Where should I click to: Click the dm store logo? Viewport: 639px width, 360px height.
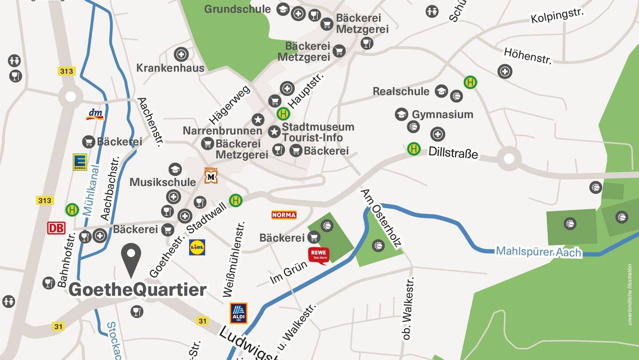(x=95, y=114)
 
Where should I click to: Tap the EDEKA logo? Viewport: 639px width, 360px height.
(x=80, y=162)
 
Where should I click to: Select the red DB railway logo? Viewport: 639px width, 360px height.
(x=56, y=228)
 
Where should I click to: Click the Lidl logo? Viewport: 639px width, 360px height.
(x=197, y=247)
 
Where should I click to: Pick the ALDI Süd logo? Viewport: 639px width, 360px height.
(x=238, y=313)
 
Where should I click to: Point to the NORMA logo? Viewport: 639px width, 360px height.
(x=284, y=215)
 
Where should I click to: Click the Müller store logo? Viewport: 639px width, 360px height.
(x=211, y=175)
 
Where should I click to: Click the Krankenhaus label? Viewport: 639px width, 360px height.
(x=170, y=68)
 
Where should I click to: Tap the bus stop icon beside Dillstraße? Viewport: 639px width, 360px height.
(x=414, y=149)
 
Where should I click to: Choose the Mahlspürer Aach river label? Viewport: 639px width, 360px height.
(x=538, y=252)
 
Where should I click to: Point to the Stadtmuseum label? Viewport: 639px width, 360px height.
(x=318, y=127)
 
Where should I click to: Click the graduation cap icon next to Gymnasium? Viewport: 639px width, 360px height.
(x=401, y=114)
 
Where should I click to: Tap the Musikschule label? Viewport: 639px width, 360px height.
(x=163, y=182)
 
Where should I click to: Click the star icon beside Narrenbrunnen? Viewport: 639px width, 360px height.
(x=258, y=119)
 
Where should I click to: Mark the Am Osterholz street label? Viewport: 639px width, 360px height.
(x=381, y=218)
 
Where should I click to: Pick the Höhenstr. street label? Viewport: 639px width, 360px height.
(x=528, y=56)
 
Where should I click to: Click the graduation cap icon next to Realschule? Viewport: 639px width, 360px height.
(x=441, y=91)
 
